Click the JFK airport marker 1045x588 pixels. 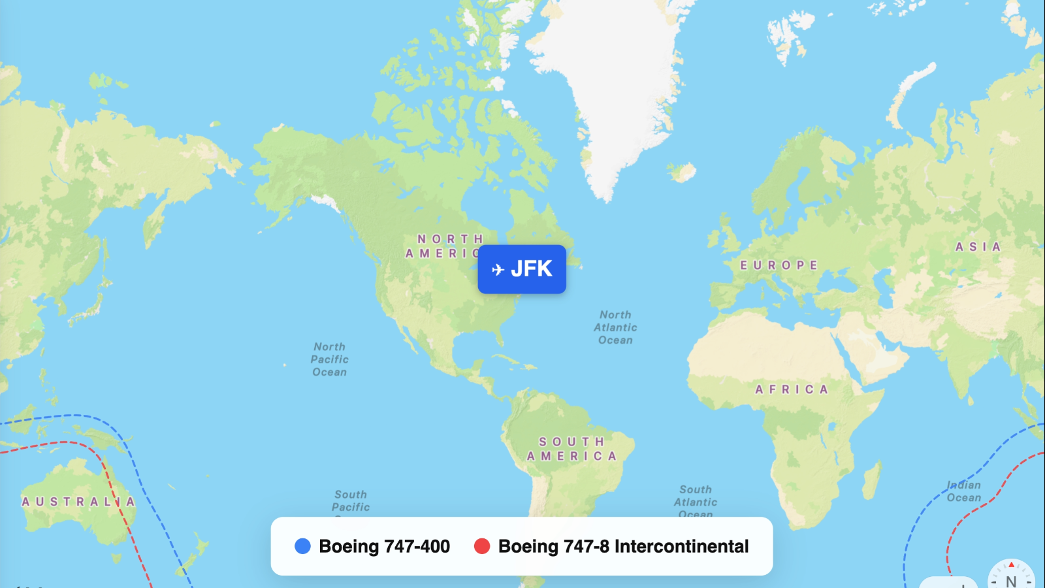522,269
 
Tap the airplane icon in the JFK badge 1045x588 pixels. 498,270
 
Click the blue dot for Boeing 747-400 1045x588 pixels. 302,546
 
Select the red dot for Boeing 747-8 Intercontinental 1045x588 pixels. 482,546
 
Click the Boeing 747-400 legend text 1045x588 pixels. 384,546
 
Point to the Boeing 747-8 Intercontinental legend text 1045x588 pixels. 623,546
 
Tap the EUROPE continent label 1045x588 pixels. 779,265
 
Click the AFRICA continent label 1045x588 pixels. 792,389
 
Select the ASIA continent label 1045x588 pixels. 978,247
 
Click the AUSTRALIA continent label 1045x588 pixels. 78,502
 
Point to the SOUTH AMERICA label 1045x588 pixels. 571,449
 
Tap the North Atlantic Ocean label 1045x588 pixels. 615,327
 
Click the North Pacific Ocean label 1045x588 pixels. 330,359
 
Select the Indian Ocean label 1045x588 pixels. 964,491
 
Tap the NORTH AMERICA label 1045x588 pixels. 444,246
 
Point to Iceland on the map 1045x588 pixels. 683,172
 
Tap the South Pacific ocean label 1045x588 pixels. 351,501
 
